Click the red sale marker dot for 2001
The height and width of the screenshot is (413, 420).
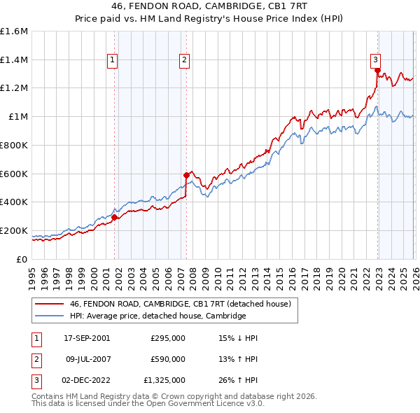pos(115,217)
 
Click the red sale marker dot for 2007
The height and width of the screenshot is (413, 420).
pos(186,175)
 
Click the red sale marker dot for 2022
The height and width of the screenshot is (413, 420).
pos(377,71)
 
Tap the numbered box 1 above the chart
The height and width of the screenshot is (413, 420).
pos(112,61)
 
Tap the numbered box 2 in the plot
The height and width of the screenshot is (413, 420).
pos(184,61)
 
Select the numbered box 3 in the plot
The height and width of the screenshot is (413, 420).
pos(375,61)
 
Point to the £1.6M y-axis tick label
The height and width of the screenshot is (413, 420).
pos(14,31)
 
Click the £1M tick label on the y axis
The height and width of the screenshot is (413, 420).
pos(18,117)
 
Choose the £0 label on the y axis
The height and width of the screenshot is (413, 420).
pos(22,259)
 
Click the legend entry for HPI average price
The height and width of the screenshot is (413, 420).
pos(157,316)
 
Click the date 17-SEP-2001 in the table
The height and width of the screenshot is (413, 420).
pos(87,338)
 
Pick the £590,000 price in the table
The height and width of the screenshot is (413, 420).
pos(168,359)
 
